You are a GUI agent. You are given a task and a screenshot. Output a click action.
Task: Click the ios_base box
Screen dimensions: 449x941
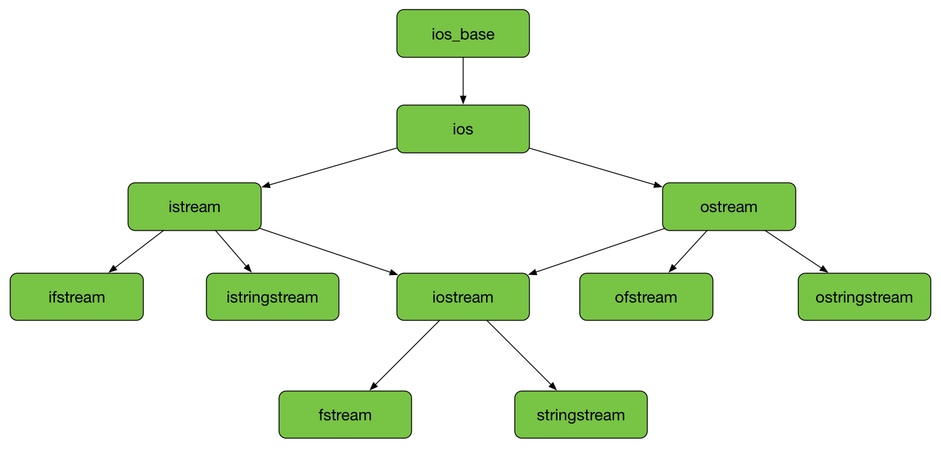coord(463,34)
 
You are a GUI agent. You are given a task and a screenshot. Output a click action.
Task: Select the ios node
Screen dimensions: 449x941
coord(463,129)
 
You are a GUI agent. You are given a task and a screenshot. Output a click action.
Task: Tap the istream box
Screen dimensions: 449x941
coord(194,207)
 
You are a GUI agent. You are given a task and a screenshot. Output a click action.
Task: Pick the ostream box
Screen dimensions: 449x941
coord(729,207)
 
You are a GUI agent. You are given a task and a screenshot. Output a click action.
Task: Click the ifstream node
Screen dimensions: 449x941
coord(76,297)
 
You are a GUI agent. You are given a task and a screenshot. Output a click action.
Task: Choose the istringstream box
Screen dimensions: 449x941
coord(272,297)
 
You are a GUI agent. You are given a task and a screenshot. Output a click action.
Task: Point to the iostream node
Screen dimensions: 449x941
coord(463,297)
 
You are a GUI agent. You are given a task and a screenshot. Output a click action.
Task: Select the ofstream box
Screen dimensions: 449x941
coord(646,297)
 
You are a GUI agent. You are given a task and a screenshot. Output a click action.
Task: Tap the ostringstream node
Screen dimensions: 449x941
coord(864,297)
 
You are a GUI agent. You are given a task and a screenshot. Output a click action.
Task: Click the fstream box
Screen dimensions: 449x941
coord(345,415)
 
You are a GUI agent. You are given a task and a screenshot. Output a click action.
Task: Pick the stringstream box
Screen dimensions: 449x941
coord(580,415)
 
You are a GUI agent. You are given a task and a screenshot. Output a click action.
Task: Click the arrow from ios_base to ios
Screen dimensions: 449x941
coord(463,80)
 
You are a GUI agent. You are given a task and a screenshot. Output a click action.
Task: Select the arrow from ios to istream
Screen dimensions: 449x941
coord(330,167)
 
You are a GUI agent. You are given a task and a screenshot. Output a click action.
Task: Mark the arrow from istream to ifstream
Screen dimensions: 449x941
coord(136,252)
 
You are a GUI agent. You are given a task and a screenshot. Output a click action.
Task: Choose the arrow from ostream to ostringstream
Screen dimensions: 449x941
coord(796,252)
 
